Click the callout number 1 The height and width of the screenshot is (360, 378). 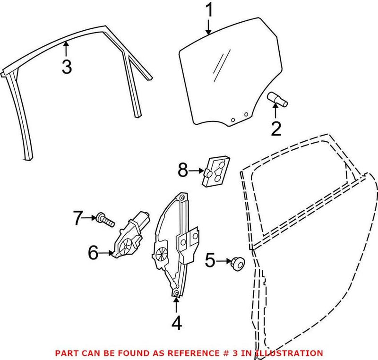point(208,12)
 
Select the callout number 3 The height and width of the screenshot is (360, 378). point(67,67)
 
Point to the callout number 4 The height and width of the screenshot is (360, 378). point(176,324)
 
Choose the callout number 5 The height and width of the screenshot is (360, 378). point(210,259)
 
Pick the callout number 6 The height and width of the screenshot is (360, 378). point(93,253)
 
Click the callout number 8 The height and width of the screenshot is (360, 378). point(183,171)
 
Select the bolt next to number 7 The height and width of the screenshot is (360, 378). point(105,219)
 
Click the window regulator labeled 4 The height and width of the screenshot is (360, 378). point(175,246)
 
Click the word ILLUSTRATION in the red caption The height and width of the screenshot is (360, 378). point(294,353)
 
